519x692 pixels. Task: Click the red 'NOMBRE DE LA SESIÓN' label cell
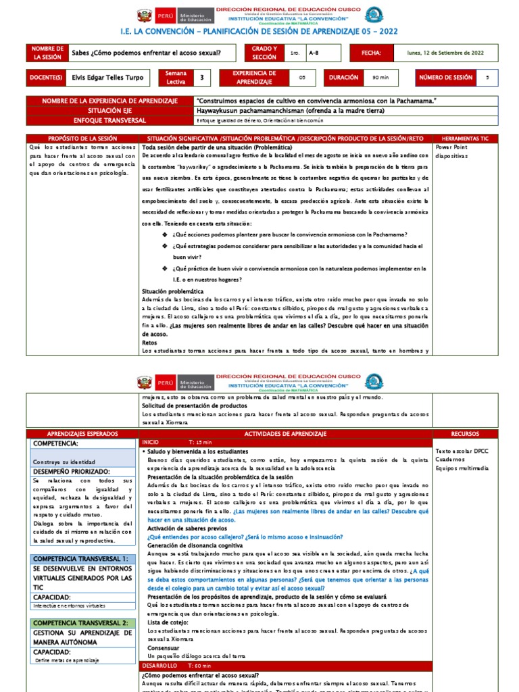point(47,53)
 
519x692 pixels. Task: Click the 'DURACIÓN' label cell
point(343,78)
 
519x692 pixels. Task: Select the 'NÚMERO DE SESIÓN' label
point(445,78)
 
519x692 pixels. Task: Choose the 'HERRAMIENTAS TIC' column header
point(466,138)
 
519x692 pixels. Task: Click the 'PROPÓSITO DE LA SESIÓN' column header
point(82,138)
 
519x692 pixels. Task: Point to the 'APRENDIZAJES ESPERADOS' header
point(82,433)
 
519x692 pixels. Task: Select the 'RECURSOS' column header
point(466,433)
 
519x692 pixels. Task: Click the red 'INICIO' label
point(151,441)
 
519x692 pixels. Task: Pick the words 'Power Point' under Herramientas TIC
point(451,147)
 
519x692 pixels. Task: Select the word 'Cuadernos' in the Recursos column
point(450,459)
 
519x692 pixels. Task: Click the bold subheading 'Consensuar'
point(164,647)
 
